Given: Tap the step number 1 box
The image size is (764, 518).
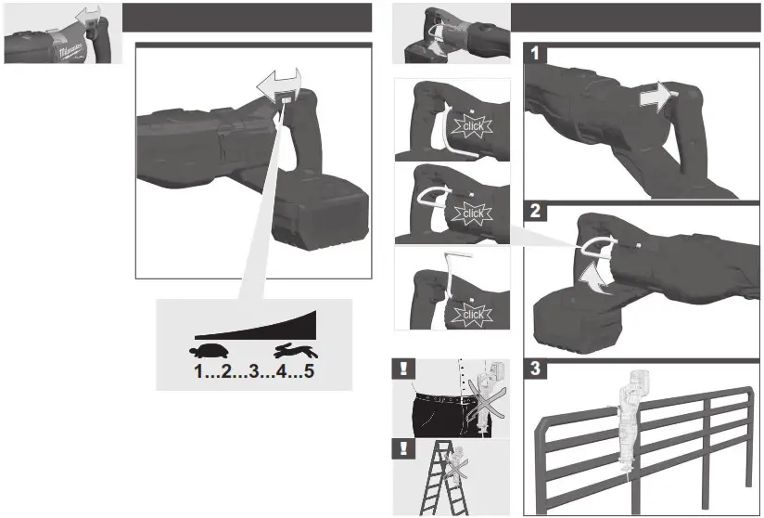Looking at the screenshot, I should (532, 54).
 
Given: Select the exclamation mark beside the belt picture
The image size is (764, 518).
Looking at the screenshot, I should (403, 366).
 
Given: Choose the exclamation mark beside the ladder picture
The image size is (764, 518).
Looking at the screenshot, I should (403, 448).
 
